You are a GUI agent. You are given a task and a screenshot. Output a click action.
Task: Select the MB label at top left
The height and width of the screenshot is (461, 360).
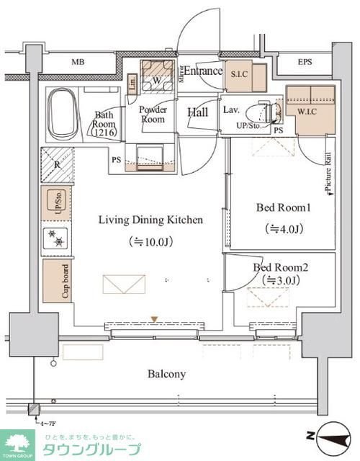click(x=77, y=62)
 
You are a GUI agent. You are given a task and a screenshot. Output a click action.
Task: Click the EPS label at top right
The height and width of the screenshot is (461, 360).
click(x=305, y=62)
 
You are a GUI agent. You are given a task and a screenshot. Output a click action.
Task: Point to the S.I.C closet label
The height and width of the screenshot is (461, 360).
click(x=239, y=74)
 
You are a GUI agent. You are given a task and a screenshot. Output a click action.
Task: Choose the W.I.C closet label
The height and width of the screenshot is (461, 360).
click(x=310, y=112)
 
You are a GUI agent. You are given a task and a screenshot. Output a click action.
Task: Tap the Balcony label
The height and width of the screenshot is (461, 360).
click(x=167, y=374)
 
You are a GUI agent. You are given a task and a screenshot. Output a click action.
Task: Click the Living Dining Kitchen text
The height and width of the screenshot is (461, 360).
click(x=150, y=220)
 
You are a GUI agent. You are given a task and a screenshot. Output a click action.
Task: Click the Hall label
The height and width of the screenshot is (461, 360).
click(x=197, y=112)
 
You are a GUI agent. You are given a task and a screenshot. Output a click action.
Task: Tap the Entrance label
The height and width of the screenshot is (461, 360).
click(x=202, y=71)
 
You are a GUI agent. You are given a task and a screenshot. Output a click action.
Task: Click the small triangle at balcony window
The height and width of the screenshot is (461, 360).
click(x=153, y=319)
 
